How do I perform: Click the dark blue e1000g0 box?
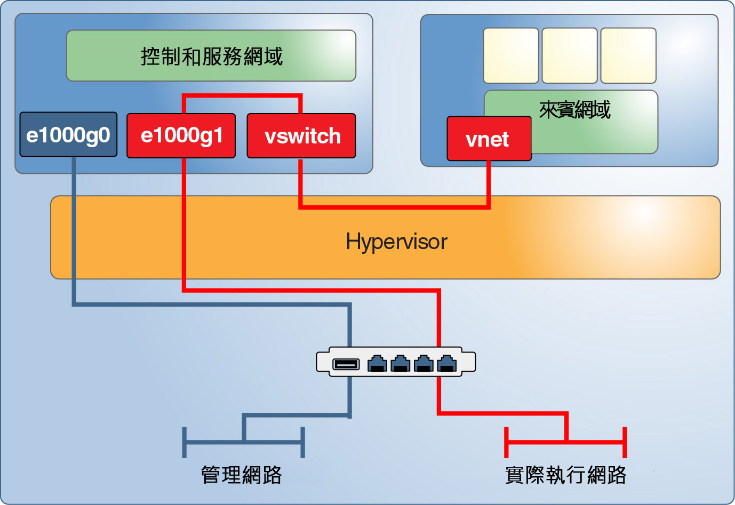point(68,135)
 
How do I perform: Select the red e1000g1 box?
point(181,135)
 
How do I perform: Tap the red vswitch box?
point(301,136)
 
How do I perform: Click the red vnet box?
point(489,139)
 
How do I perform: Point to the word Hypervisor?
point(396,242)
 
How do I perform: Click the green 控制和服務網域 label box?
point(211,56)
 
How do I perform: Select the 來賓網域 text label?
point(574,110)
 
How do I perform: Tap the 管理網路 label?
point(242,475)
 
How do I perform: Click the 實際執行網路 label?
point(565,475)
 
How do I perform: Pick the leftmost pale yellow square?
point(511,55)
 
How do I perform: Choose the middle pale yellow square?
point(570,55)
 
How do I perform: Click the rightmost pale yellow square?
point(628,55)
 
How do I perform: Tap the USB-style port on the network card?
point(346,364)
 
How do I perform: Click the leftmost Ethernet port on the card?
point(377,364)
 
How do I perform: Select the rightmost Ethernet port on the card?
point(447,364)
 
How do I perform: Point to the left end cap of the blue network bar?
point(185,442)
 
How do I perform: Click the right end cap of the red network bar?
point(625,442)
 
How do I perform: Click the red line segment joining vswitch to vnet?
point(395,206)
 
